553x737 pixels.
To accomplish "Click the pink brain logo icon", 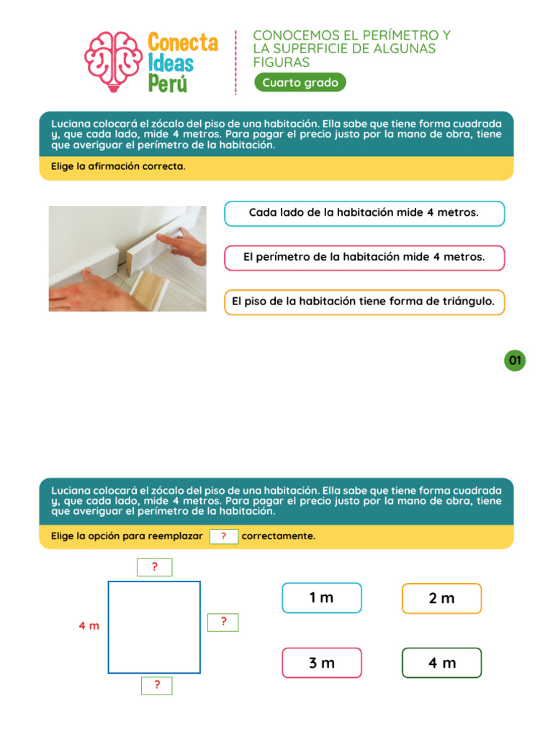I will (x=112, y=62).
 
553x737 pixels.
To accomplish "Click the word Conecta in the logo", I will (x=182, y=42).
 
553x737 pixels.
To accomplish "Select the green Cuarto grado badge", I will (x=300, y=83).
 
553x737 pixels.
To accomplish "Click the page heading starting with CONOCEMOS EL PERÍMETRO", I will (x=352, y=49).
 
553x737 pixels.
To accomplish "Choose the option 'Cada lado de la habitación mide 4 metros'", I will (x=364, y=213).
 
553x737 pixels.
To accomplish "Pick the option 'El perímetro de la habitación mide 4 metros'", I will (x=364, y=258).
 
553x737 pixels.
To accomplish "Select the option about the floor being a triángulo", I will (x=364, y=302).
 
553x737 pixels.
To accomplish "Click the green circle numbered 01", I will (x=515, y=361).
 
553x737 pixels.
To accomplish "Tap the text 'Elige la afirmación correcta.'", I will (x=118, y=167).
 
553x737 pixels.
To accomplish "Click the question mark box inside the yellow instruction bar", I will (x=224, y=536).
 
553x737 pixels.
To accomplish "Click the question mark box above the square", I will (x=154, y=568).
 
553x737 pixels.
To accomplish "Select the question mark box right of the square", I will (x=223, y=623).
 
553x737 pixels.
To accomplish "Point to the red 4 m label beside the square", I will (x=89, y=626).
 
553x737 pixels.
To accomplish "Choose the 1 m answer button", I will (x=322, y=598).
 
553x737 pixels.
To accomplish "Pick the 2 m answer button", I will (x=441, y=598).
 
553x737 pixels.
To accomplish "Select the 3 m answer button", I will (x=322, y=663).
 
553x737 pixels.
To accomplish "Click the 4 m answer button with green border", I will (x=441, y=663).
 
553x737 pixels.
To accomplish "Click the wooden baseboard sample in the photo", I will (x=149, y=289).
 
